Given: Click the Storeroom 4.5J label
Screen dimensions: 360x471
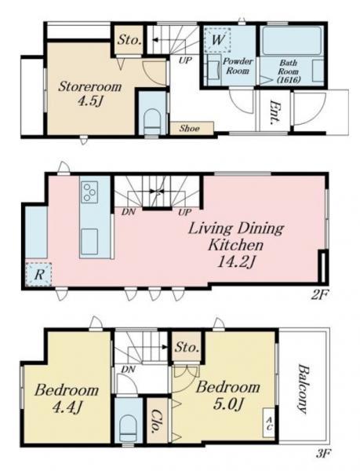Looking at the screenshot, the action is tap(89, 93).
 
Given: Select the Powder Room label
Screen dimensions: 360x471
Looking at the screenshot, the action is tap(238, 66).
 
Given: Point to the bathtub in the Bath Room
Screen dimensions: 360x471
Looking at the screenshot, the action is tap(291, 41).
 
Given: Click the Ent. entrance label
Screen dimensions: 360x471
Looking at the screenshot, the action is tap(275, 112).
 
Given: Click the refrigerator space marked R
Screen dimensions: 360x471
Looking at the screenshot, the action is tap(38, 275).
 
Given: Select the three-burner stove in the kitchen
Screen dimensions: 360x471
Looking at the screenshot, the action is tap(89, 192).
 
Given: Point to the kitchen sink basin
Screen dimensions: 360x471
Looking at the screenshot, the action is tap(89, 242).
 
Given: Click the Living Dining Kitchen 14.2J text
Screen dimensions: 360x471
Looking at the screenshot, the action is tap(236, 245).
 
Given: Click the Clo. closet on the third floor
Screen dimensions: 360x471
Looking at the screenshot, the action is tap(157, 421).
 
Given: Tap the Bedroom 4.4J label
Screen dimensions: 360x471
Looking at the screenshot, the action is tap(67, 399).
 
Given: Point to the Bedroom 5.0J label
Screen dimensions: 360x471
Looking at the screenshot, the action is tap(227, 396).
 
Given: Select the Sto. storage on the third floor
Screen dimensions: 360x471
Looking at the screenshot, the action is tap(187, 347).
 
